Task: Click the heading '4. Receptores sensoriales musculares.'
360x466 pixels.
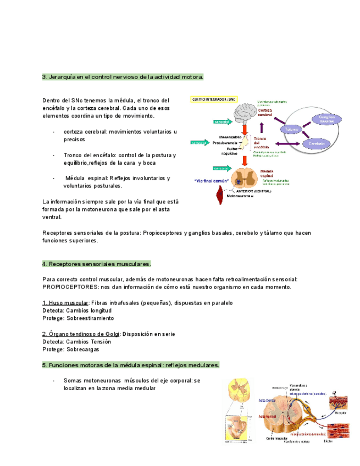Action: click(97, 264)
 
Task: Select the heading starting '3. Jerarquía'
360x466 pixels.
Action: click(123, 77)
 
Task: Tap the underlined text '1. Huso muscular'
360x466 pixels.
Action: click(65, 303)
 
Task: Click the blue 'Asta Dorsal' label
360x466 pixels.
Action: click(268, 401)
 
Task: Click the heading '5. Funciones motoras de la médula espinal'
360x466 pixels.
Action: click(131, 365)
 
